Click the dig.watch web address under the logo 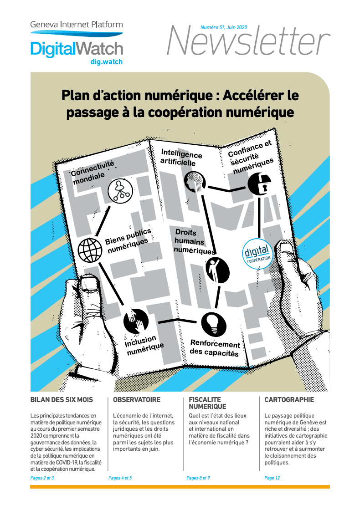[107, 62]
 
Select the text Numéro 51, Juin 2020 [224, 27]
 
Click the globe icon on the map [90, 250]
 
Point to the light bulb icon [214, 324]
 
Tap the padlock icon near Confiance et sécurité [259, 184]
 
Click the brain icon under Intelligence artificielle [195, 182]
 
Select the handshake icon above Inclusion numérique [136, 321]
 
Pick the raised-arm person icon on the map [217, 270]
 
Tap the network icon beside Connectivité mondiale [120, 191]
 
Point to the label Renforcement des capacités [215, 348]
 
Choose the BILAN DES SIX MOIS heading [62, 400]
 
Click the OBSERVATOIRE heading [137, 400]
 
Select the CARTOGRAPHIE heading [289, 400]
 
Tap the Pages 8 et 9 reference [198, 478]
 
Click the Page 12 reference [272, 478]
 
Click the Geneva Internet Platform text [77, 25]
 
